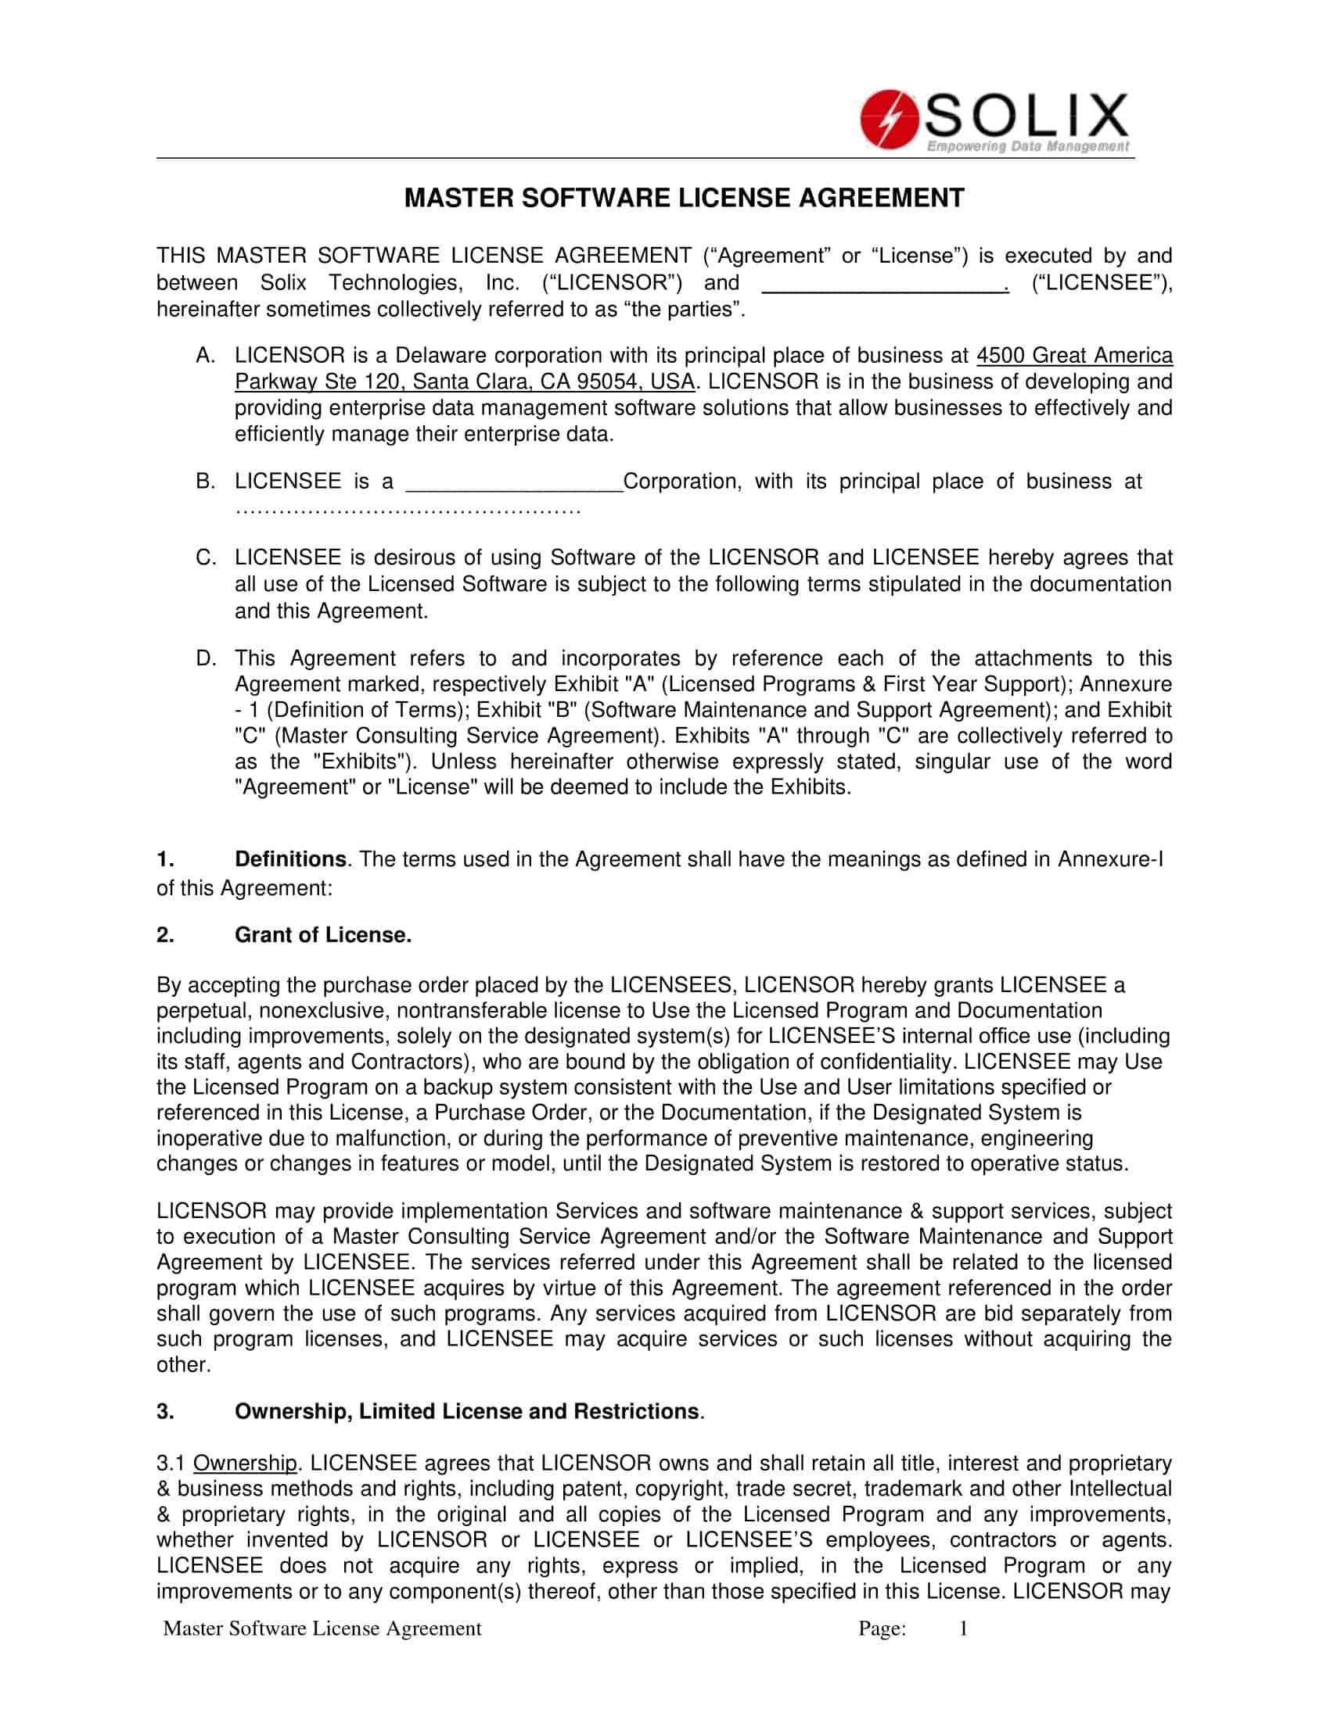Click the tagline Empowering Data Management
(x=1027, y=146)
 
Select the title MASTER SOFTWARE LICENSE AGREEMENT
(x=683, y=198)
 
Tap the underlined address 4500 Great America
(x=1074, y=355)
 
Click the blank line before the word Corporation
(x=514, y=482)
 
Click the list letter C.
(x=205, y=557)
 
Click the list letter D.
(x=205, y=658)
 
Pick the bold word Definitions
(x=290, y=858)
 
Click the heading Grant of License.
(x=323, y=935)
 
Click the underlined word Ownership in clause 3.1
(x=245, y=1464)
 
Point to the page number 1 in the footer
(x=963, y=1629)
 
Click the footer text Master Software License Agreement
(x=322, y=1629)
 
